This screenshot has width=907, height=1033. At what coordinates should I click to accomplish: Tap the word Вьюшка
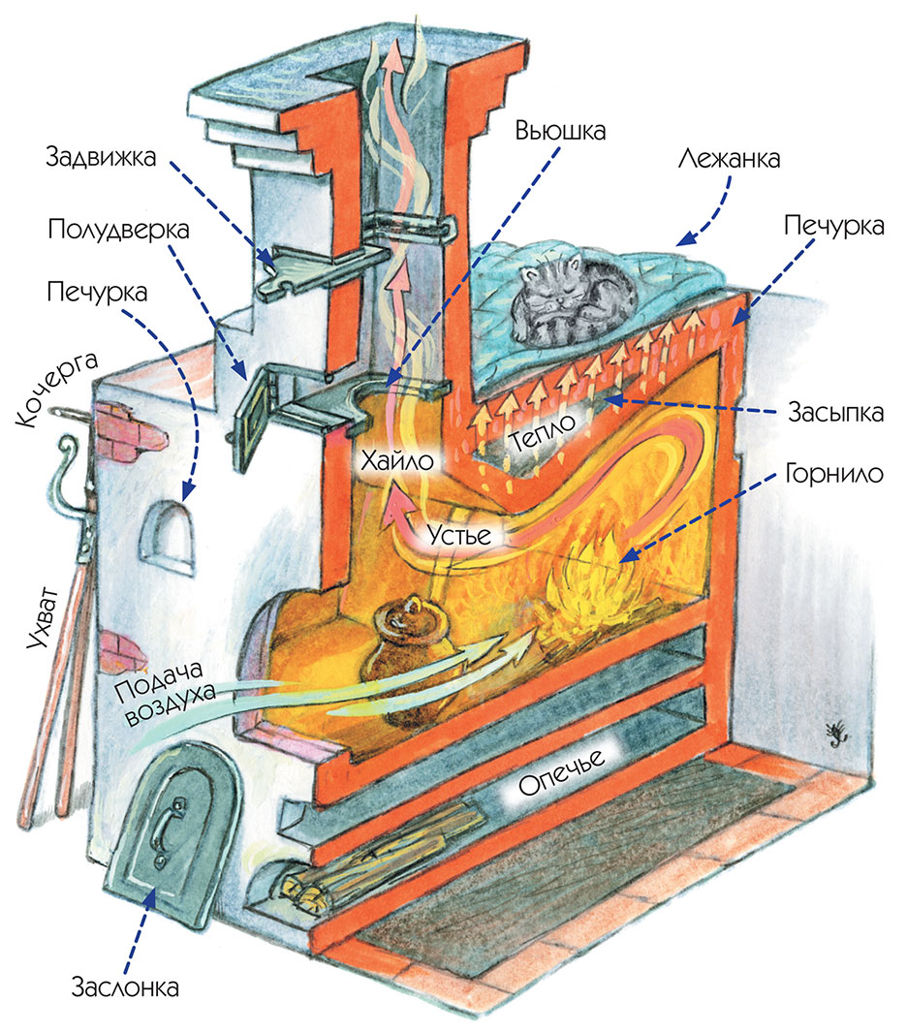(x=560, y=131)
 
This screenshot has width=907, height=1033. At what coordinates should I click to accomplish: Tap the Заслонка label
(x=126, y=988)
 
